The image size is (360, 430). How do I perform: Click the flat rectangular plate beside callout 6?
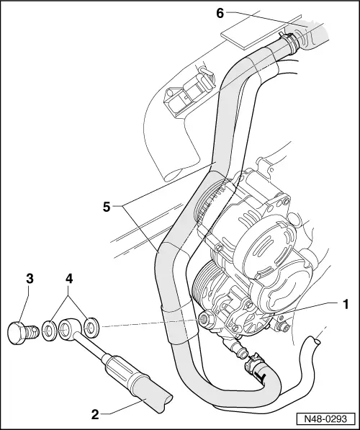[240, 29]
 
